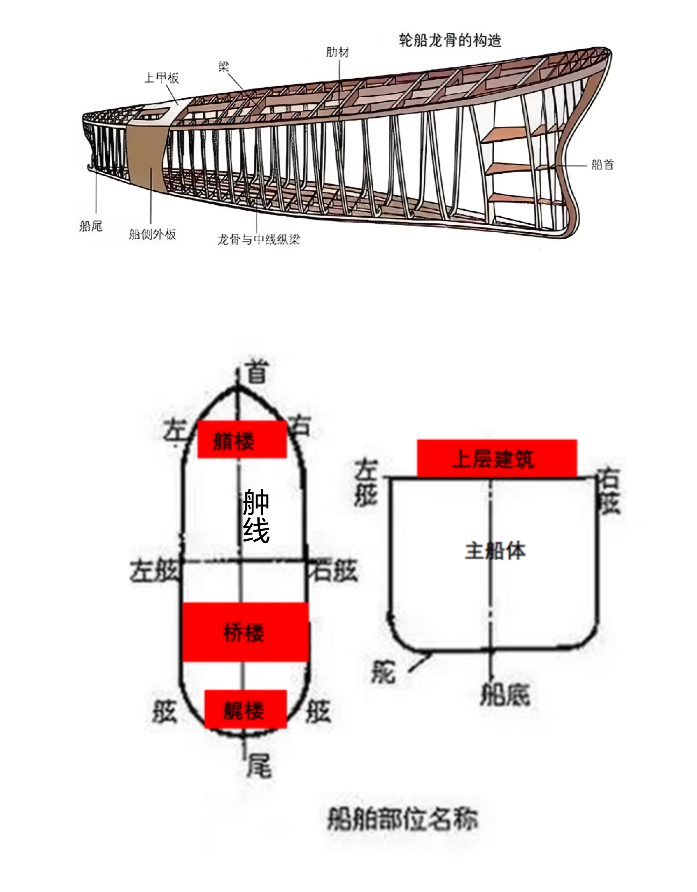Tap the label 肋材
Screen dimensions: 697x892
tap(337, 52)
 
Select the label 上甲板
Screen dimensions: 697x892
tap(162, 78)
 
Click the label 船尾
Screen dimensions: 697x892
tap(91, 226)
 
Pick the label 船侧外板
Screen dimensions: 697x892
tap(152, 234)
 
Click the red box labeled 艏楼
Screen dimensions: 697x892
tap(242, 439)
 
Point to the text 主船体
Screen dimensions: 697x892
tap(495, 551)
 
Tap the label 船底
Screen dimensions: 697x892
tap(505, 694)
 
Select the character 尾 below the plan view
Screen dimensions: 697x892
tap(259, 766)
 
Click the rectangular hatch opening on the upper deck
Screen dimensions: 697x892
tap(153, 113)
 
